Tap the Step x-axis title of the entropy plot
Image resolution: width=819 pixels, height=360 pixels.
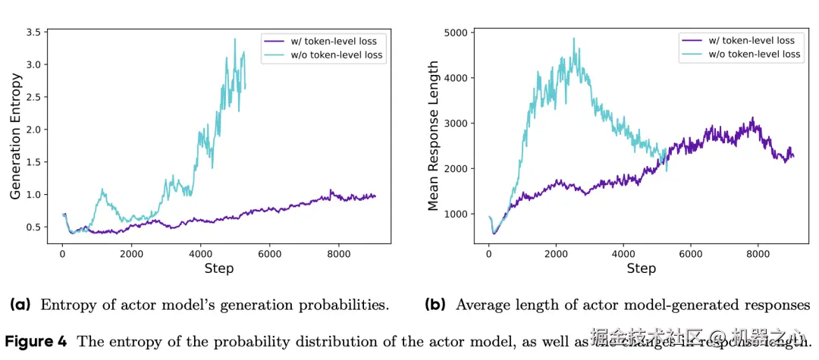click(x=218, y=268)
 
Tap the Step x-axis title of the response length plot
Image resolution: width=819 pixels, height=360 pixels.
click(x=641, y=268)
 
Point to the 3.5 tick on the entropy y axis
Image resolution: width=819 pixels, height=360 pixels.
click(x=33, y=33)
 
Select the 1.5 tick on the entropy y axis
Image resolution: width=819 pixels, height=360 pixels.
click(x=33, y=162)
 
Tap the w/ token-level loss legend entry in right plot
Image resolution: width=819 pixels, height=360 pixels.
click(x=752, y=40)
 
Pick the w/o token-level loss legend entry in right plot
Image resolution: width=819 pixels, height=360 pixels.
click(x=755, y=54)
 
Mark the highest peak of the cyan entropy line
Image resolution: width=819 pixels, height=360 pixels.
click(x=235, y=39)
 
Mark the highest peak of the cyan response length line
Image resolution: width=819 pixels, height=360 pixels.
click(x=573, y=38)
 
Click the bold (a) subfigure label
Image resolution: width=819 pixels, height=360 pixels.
click(x=20, y=305)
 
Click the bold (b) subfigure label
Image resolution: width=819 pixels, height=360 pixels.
click(x=435, y=305)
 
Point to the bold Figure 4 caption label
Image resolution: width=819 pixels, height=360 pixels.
click(x=37, y=341)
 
